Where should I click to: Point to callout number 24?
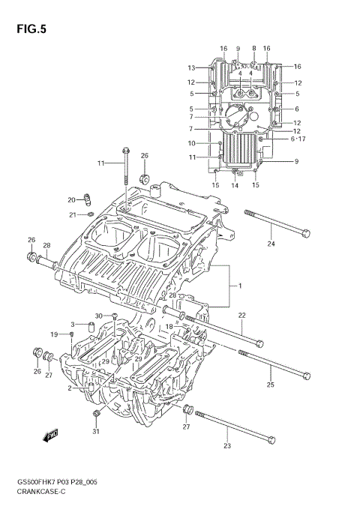tap(271, 244)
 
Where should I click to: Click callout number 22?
tap(241, 316)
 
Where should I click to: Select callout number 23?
tap(227, 447)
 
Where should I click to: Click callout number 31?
tap(95, 431)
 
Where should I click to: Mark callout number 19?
tap(54, 334)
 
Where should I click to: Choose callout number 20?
tap(71, 200)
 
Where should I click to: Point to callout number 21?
tap(73, 215)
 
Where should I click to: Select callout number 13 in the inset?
tap(191, 67)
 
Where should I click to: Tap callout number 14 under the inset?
tap(235, 185)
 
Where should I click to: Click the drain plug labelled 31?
tap(95, 415)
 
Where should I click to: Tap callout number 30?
tap(98, 316)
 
